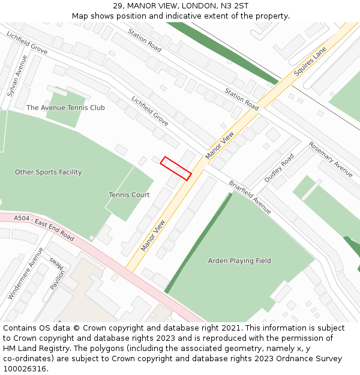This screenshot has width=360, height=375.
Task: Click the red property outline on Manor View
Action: click(x=176, y=169)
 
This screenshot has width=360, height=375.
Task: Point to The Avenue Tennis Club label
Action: click(x=65, y=108)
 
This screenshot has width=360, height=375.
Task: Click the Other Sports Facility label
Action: click(x=48, y=172)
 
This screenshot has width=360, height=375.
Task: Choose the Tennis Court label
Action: click(x=129, y=195)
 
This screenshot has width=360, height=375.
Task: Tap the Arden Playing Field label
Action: click(x=239, y=261)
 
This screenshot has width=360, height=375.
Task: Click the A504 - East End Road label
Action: click(x=44, y=229)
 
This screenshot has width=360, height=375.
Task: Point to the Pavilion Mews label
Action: click(x=58, y=274)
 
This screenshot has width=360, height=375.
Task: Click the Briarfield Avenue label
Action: click(x=250, y=197)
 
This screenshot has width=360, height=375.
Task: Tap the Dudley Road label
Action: click(x=280, y=169)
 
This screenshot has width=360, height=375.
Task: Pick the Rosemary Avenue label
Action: click(x=331, y=159)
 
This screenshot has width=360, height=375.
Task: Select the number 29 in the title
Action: click(x=117, y=5)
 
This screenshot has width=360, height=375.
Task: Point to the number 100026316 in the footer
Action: click(x=24, y=369)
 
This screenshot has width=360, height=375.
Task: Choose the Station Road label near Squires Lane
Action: click(x=242, y=99)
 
